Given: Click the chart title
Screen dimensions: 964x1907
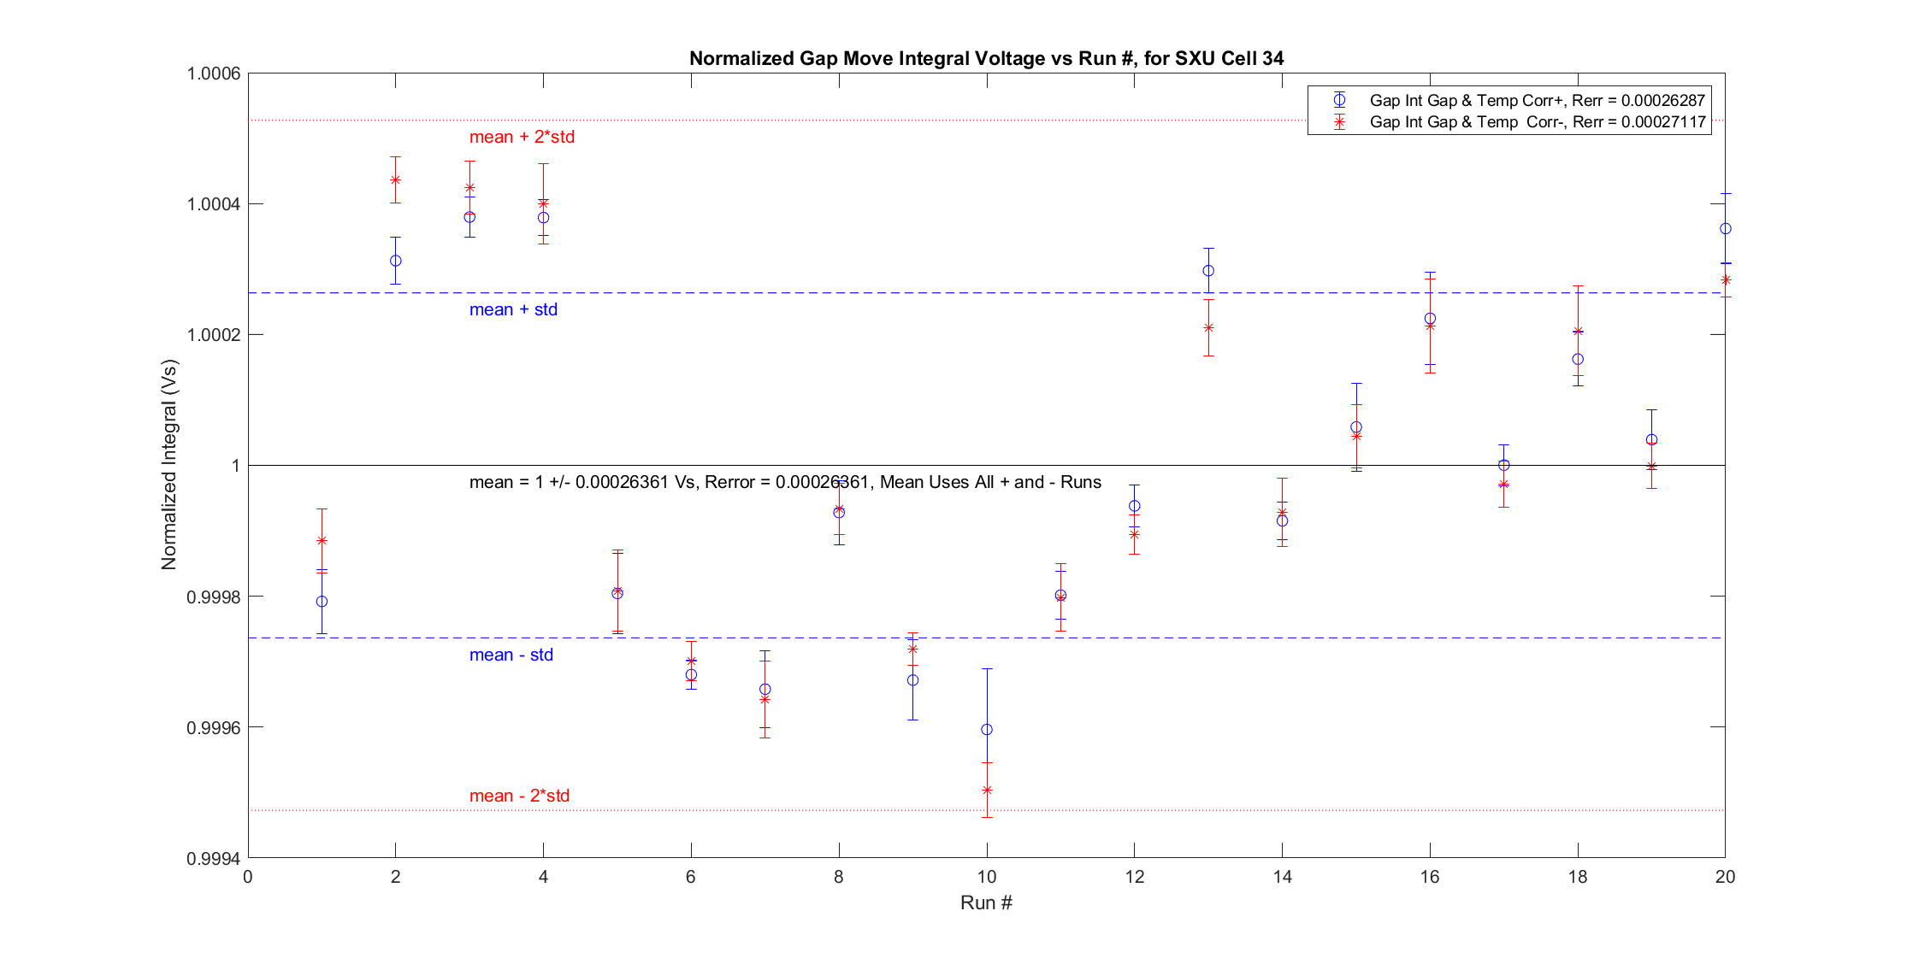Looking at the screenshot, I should pos(986,58).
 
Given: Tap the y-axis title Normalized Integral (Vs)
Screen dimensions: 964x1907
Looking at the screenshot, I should pos(169,465).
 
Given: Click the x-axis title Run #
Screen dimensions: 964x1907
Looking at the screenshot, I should pos(986,902).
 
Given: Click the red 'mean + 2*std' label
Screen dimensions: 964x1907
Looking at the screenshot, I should pos(522,137).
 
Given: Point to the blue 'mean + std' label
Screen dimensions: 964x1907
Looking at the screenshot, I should pos(513,309).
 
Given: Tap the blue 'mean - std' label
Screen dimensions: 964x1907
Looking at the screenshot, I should pos(511,655).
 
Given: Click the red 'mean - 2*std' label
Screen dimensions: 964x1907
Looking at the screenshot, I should pos(519,796).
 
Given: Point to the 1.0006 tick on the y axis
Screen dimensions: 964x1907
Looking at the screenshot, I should pos(213,73).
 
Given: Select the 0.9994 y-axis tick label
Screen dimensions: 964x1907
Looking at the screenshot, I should pos(213,858).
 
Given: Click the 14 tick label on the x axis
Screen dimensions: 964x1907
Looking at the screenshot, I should pos(1282,877).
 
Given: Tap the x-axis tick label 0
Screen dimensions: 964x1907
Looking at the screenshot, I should pos(248,877).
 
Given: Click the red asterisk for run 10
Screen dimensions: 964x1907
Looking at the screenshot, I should pos(987,790).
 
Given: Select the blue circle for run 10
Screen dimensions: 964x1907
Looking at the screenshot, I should pos(987,729).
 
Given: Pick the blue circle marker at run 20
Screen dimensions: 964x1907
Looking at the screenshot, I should pos(1725,228).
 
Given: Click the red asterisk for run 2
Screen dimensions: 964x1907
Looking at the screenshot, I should pos(396,179).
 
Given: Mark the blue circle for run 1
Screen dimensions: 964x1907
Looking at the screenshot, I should pos(322,602).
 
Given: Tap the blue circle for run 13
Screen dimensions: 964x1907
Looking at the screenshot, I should pos(1208,270).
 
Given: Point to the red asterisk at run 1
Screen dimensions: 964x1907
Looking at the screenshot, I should pos(322,540).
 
